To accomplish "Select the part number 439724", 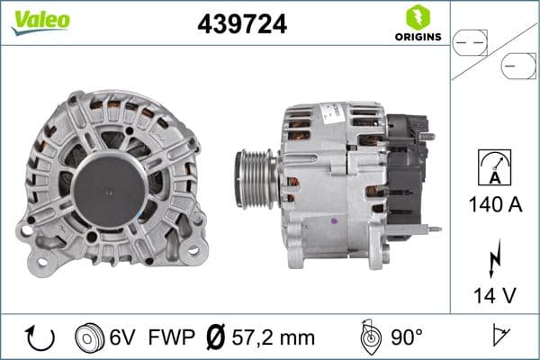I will [242, 25].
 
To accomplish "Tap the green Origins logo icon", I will [416, 16].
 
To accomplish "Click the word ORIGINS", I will [417, 37].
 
